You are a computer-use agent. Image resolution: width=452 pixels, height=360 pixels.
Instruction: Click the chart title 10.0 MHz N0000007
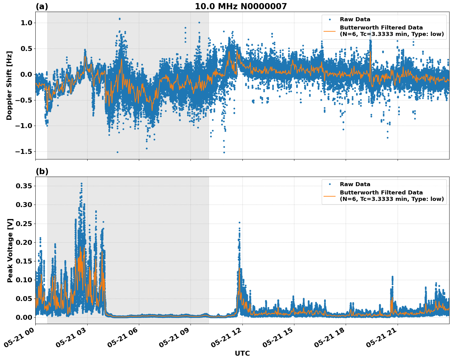[x=241, y=6]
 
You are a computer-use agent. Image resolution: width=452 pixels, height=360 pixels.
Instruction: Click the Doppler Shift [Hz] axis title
[x=9, y=85]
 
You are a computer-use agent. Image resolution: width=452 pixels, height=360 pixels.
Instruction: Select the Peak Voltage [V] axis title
[x=10, y=250]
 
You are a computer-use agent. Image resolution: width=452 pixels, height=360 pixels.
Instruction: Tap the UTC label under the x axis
[x=242, y=353]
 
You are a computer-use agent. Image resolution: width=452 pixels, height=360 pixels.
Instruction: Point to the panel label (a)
[x=42, y=6]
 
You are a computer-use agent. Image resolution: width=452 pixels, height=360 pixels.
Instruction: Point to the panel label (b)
[x=42, y=171]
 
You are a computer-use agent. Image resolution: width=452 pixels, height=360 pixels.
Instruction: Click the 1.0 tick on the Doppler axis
[x=25, y=23]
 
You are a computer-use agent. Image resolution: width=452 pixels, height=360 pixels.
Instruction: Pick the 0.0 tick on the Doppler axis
[x=25, y=74]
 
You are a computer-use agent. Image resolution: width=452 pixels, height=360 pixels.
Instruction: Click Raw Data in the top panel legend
[x=355, y=19]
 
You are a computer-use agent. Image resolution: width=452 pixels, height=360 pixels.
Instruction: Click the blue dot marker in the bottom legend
[x=329, y=184]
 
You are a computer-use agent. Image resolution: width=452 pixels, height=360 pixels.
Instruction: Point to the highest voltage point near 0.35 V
[x=81, y=184]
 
